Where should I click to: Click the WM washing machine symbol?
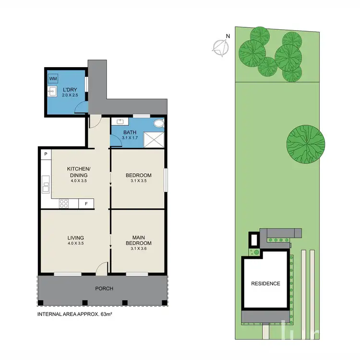[52, 79]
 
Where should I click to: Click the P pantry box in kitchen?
[45, 154]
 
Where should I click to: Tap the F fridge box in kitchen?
[86, 204]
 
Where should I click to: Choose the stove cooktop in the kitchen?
[63, 204]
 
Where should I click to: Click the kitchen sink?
[45, 184]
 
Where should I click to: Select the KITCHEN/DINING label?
[79, 172]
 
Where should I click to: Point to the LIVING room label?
[76, 238]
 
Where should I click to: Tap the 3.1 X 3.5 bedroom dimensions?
[139, 181]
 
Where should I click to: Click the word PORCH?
[104, 288]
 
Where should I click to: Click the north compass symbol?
[220, 46]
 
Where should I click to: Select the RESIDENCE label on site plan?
[265, 284]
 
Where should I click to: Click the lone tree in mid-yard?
[306, 144]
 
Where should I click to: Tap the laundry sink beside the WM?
[52, 91]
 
